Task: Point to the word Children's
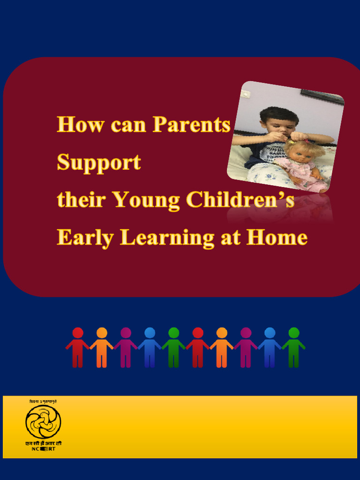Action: pos(240,201)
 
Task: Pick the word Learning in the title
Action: pos(167,238)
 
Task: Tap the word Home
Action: pos(277,238)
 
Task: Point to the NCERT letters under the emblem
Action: pos(43,449)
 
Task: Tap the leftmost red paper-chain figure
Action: pos(78,347)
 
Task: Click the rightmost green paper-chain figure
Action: pos(293,347)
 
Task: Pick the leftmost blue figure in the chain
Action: pos(150,347)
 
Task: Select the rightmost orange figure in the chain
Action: pos(222,347)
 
